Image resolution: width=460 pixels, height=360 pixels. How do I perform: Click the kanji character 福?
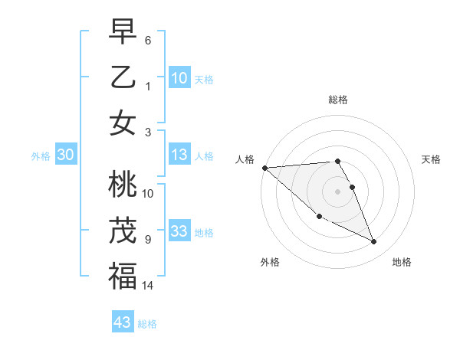click(123, 277)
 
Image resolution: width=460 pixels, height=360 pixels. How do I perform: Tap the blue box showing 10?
click(179, 78)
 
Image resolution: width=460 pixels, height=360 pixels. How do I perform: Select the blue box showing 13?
click(179, 155)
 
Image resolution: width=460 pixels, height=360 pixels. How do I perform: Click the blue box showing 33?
click(179, 231)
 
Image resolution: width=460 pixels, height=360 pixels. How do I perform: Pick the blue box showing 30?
click(65, 155)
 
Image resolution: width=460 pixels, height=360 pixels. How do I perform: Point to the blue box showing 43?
click(123, 322)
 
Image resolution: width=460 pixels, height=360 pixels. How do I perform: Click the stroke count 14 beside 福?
click(148, 286)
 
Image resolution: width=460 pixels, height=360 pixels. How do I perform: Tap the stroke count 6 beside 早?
click(147, 39)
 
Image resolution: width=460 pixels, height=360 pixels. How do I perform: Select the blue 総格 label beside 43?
click(147, 324)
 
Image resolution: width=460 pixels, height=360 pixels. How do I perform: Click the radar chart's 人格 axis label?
click(245, 159)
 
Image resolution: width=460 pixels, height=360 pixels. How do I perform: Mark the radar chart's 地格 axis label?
click(402, 262)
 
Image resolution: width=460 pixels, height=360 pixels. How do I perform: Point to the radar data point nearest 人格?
click(264, 168)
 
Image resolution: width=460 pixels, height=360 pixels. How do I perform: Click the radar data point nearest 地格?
click(374, 242)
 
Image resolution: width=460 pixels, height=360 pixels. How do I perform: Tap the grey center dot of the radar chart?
click(337, 191)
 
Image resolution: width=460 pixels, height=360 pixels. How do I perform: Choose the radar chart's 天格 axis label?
click(432, 159)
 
